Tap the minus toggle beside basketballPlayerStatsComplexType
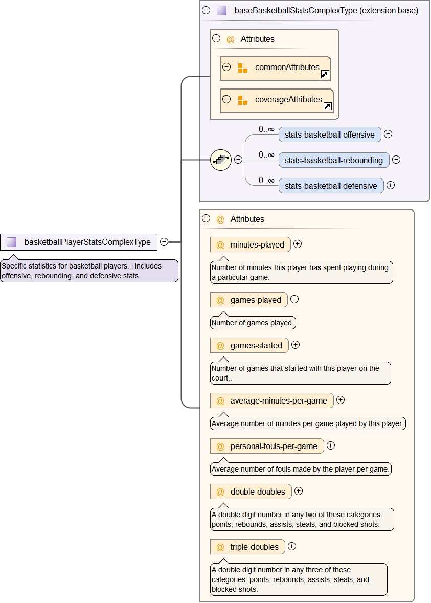pos(164,242)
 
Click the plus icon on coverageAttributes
pos(226,99)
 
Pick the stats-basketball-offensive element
pos(330,135)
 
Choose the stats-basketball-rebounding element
pos(334,160)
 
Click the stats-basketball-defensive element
pos(331,186)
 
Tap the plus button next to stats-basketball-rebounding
pos(396,160)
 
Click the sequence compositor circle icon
pos(221,160)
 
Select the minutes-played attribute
pos(251,244)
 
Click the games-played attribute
pos(249,300)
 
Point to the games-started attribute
pos(249,345)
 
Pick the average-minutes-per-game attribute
pos(272,400)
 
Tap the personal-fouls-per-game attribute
pos(267,446)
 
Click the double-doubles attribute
pos(251,492)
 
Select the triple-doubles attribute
pos(247,547)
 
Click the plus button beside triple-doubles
pos(292,546)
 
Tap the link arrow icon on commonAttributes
pos(325,75)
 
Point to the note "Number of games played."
pos(253,323)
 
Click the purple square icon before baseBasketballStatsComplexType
pos(221,10)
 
